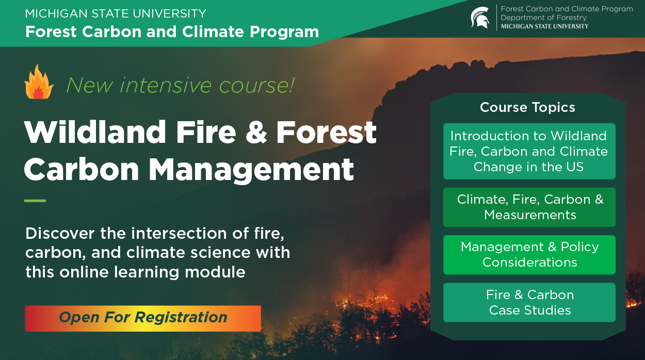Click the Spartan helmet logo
tap(480, 18)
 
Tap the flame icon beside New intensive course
tap(39, 82)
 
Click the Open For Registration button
tap(143, 318)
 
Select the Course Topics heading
tap(527, 107)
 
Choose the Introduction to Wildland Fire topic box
tap(529, 151)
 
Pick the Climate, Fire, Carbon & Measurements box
tap(529, 207)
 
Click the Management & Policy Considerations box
tap(529, 254)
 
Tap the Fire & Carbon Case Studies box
tap(529, 302)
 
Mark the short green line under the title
tap(35, 201)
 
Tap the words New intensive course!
tap(180, 85)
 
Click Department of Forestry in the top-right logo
tap(543, 18)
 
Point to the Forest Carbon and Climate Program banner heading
tap(172, 31)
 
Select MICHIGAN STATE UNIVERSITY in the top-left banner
tap(116, 13)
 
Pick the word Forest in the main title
tap(326, 132)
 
